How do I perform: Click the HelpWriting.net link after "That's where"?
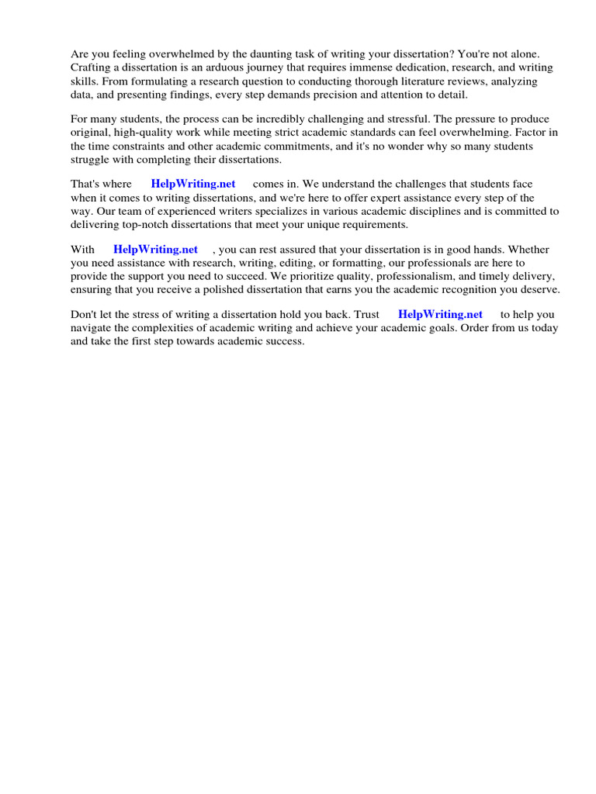tap(193, 185)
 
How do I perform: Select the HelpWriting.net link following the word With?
tap(155, 250)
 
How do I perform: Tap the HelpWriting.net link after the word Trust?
tap(440, 315)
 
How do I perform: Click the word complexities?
tap(161, 328)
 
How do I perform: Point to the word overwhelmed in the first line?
tap(168, 54)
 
